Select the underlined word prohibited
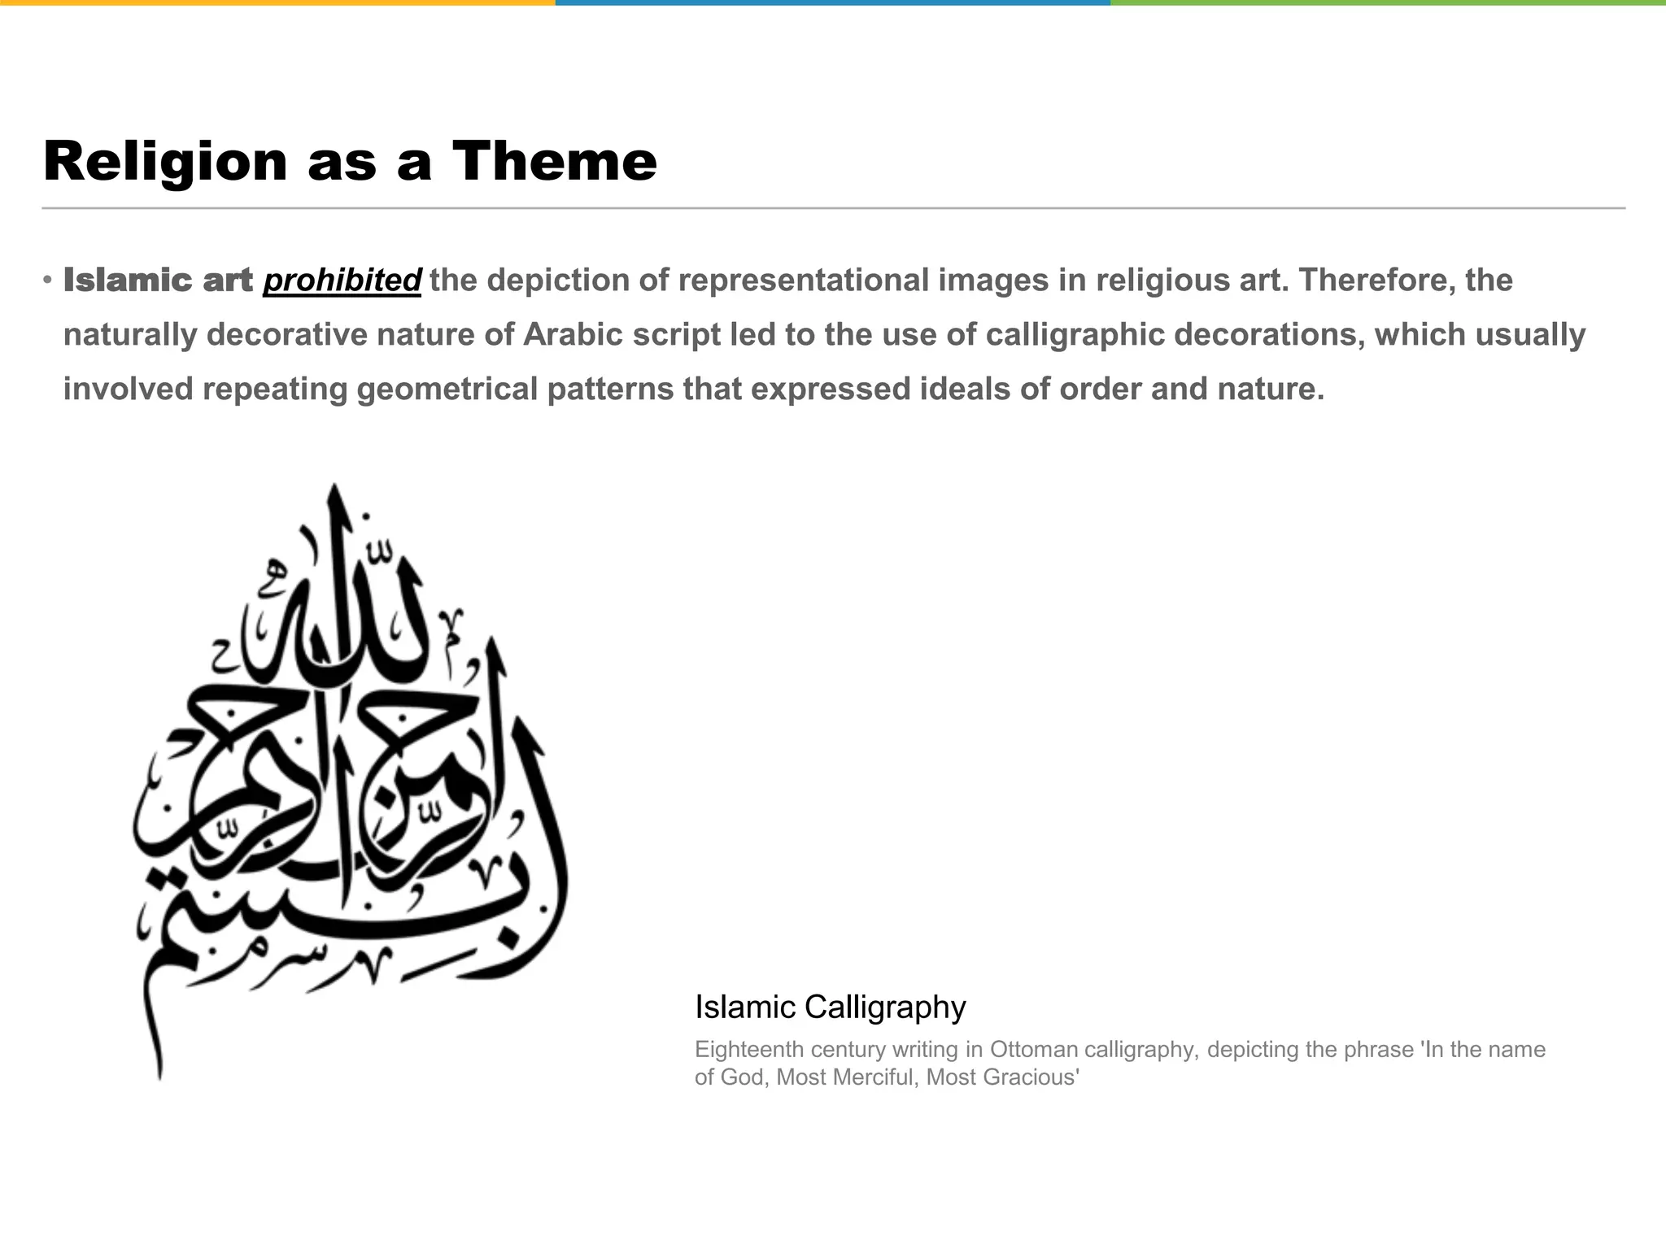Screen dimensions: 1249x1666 (x=342, y=281)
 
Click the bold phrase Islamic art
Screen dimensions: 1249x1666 (x=159, y=281)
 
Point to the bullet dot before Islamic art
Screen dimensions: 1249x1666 (x=48, y=281)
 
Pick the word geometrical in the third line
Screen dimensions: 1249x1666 (x=447, y=389)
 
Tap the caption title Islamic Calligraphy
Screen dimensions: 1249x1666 (x=830, y=1007)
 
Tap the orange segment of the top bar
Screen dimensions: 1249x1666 (x=277, y=2)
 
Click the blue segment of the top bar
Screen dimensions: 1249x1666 (x=833, y=2)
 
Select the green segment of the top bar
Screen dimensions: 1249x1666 (x=1388, y=2)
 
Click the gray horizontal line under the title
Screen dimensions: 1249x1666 (x=833, y=208)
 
